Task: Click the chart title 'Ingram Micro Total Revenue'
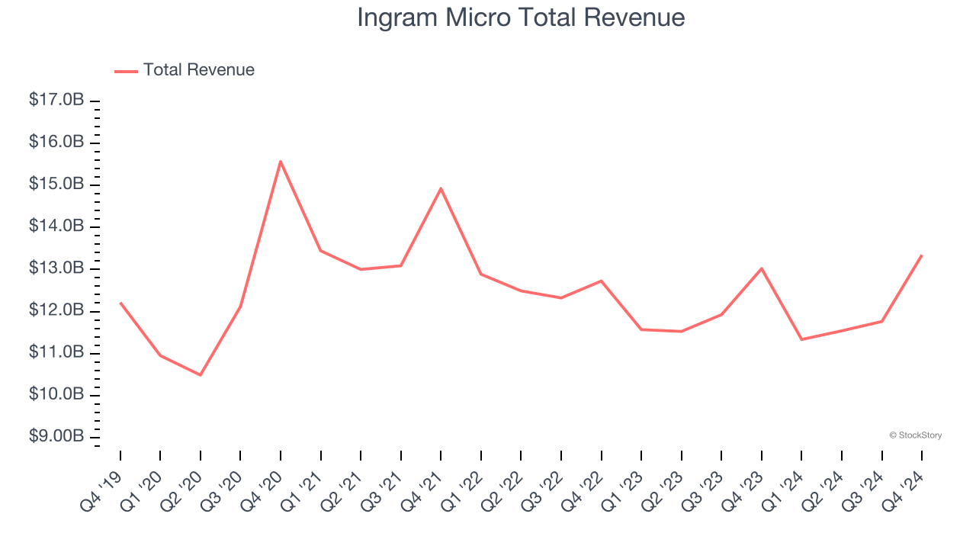521,18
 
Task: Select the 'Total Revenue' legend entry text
198,70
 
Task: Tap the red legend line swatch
126,71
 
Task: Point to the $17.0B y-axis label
56,101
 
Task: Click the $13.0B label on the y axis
56,268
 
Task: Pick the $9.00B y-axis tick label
56,436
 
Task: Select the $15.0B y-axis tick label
56,185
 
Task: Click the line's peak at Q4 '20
281,161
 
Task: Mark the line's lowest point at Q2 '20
201,375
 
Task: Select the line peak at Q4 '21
441,188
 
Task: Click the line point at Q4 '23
762,268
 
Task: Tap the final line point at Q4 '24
922,255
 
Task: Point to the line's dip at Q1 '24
801,339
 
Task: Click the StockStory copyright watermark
915,435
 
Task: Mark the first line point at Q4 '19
120,303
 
